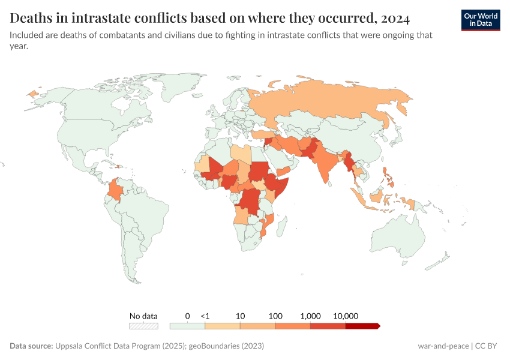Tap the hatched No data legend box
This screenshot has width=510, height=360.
144,326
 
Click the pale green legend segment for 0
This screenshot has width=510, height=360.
187,326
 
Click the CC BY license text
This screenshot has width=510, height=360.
488,346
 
